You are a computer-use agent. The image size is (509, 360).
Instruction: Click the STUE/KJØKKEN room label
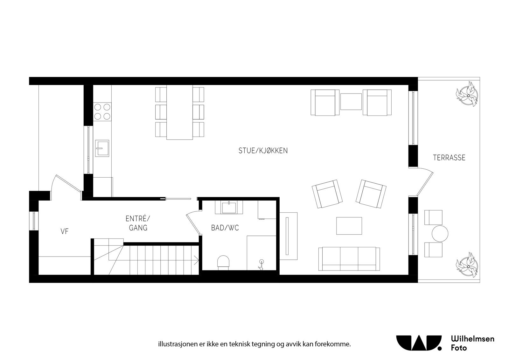pyautogui.click(x=263, y=151)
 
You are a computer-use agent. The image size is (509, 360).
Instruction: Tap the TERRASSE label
pyautogui.click(x=449, y=158)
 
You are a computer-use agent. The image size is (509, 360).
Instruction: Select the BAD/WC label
pyautogui.click(x=225, y=228)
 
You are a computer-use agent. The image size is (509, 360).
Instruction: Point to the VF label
pyautogui.click(x=65, y=231)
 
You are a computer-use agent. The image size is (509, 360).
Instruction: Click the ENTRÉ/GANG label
pyautogui.click(x=138, y=223)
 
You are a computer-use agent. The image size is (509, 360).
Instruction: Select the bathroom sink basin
pyautogui.click(x=229, y=208)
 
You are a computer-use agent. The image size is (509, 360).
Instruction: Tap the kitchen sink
pyautogui.click(x=102, y=148)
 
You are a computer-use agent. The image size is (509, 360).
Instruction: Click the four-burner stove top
pyautogui.click(x=102, y=111)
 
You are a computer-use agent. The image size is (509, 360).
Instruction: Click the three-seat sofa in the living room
pyautogui.click(x=349, y=259)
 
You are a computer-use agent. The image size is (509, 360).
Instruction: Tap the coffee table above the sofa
pyautogui.click(x=349, y=226)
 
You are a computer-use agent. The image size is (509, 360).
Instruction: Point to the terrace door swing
pyautogui.click(x=425, y=181)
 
